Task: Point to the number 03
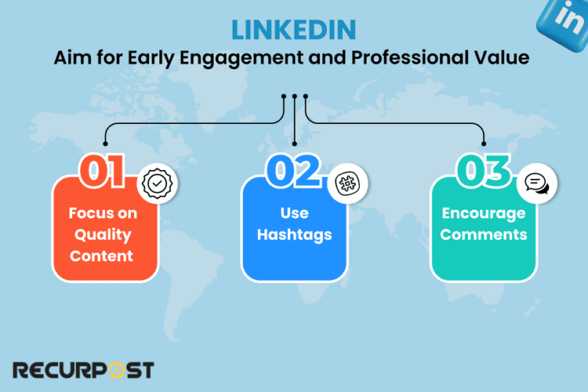click(482, 172)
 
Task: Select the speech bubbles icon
click(538, 184)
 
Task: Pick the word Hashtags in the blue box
click(294, 234)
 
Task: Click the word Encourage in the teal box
click(483, 213)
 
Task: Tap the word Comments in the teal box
click(483, 234)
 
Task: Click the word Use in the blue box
click(294, 213)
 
